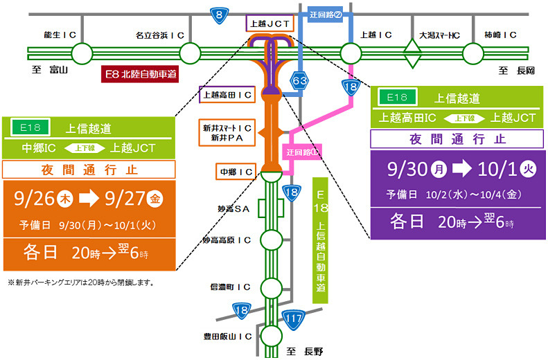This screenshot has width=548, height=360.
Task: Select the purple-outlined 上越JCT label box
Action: tap(270, 24)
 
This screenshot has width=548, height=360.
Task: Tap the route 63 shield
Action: tap(299, 81)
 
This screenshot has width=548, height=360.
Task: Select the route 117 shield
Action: tap(294, 318)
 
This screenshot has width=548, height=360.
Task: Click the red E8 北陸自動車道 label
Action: tap(139, 73)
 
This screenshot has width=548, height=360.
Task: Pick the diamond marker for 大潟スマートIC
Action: tap(413, 53)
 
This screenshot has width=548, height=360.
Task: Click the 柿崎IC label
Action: tap(501, 34)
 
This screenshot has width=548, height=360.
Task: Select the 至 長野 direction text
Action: tap(304, 352)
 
